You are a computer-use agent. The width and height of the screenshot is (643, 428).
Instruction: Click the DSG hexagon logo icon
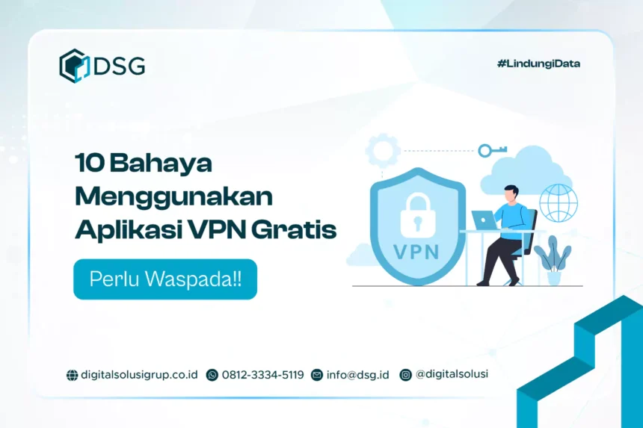[x=74, y=66]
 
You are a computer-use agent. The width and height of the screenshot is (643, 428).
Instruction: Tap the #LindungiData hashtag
[x=538, y=63]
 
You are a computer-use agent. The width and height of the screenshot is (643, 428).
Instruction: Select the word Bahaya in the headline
[x=161, y=163]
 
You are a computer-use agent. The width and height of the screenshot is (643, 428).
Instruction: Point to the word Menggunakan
[x=174, y=197]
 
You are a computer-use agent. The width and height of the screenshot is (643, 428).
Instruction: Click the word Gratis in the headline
[x=294, y=229]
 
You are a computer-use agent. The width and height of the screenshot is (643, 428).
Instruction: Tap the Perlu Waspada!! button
[x=165, y=279]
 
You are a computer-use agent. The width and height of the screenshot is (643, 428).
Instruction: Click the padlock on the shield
[x=417, y=215]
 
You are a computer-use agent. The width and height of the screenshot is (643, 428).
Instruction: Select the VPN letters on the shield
[x=416, y=252]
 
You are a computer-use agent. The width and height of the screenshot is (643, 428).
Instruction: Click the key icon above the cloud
[x=493, y=150]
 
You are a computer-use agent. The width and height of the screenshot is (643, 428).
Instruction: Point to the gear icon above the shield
[x=383, y=150]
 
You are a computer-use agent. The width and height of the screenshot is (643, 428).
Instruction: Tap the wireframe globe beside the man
[x=558, y=202]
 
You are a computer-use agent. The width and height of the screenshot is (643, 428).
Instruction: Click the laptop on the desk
[x=484, y=220]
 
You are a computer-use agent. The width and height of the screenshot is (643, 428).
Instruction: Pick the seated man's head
[x=511, y=193]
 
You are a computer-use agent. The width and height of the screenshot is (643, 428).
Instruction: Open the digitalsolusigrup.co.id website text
[x=139, y=375]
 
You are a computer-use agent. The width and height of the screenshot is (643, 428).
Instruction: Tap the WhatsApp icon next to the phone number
[x=212, y=375]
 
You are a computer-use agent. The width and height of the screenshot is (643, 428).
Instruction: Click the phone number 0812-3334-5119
[x=263, y=375]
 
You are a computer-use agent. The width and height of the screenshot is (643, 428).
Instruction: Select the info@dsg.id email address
[x=357, y=375]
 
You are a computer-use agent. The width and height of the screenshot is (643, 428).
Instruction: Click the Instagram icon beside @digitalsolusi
[x=405, y=375]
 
